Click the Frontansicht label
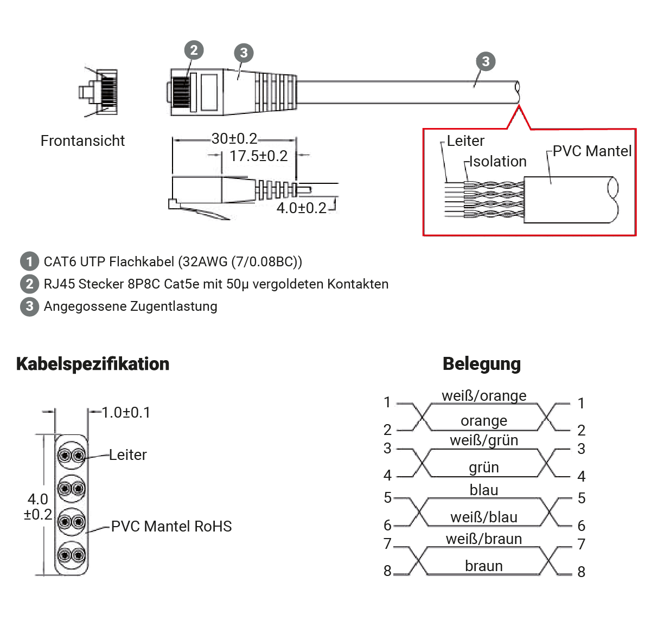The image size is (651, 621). pyautogui.click(x=82, y=141)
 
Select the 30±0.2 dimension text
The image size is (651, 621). pyautogui.click(x=234, y=139)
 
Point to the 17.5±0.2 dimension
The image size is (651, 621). pyautogui.click(x=258, y=156)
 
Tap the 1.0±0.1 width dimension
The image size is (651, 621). pyautogui.click(x=126, y=413)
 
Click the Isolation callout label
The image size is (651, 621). pyautogui.click(x=497, y=162)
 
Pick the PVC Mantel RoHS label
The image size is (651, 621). pyautogui.click(x=171, y=526)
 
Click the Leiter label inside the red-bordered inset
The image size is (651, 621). pyautogui.click(x=465, y=141)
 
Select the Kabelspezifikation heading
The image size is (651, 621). pyautogui.click(x=93, y=364)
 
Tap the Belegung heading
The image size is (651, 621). pyautogui.click(x=481, y=364)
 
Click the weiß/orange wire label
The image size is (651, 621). pyautogui.click(x=484, y=395)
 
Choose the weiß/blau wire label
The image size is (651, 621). pyautogui.click(x=484, y=517)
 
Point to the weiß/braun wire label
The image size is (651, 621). pyautogui.click(x=484, y=539)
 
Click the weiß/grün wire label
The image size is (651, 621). pyautogui.click(x=484, y=440)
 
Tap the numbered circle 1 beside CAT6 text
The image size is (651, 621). pyautogui.click(x=30, y=261)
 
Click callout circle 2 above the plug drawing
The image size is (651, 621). pyautogui.click(x=194, y=50)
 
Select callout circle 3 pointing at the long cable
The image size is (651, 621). pyautogui.click(x=486, y=61)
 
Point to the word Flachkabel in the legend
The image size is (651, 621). pyautogui.click(x=142, y=261)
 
